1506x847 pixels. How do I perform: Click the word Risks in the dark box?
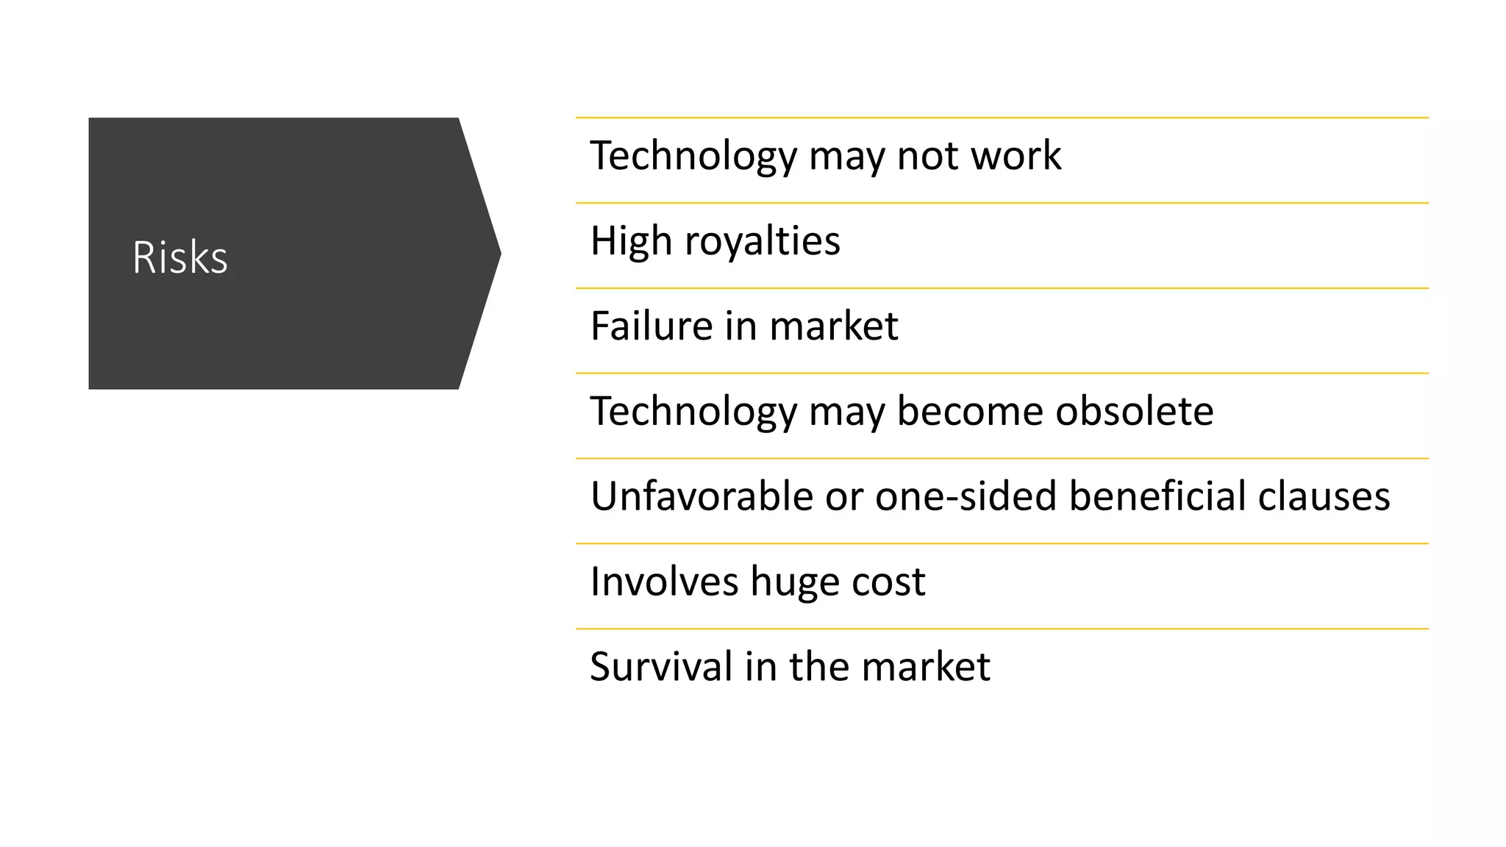[x=180, y=257]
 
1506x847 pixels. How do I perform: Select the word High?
[x=631, y=241]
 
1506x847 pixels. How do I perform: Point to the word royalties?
[x=762, y=241]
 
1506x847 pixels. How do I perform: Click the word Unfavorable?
[x=701, y=496]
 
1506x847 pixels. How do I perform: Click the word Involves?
[x=664, y=582]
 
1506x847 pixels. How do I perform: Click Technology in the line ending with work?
[x=693, y=157]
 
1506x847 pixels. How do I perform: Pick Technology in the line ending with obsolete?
[x=693, y=412]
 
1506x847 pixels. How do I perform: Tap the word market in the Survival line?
[x=925, y=667]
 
